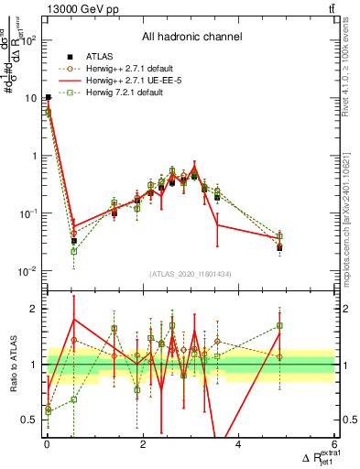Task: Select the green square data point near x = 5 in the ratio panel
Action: [x=279, y=325]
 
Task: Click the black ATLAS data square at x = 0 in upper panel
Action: [x=48, y=97]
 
